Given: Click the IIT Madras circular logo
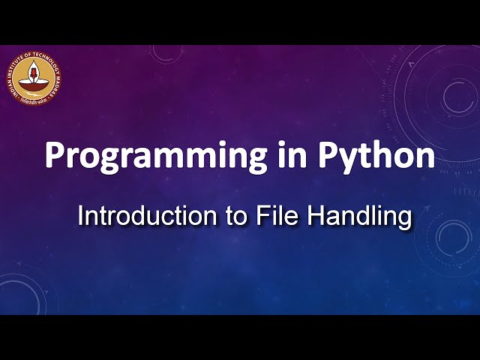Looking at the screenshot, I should [34, 77].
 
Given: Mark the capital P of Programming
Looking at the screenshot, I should [54, 155].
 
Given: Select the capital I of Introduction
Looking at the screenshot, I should [81, 216].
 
